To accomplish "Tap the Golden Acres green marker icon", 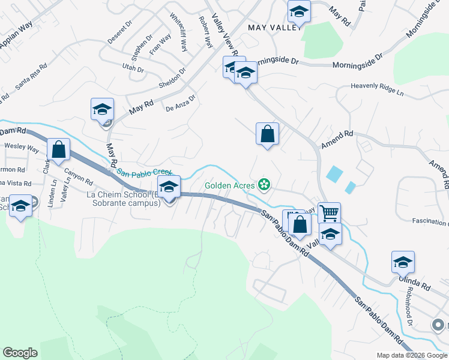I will tap(263, 183).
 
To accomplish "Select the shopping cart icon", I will tap(329, 212).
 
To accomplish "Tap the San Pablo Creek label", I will tap(144, 172).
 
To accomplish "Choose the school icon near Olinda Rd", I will tap(403, 262).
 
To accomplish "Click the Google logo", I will tap(20, 353).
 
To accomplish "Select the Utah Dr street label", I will tap(133, 68).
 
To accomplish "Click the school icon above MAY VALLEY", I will tap(298, 11).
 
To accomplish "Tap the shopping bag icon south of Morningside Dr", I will tap(267, 133).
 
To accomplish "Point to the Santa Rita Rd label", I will tap(31, 77).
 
